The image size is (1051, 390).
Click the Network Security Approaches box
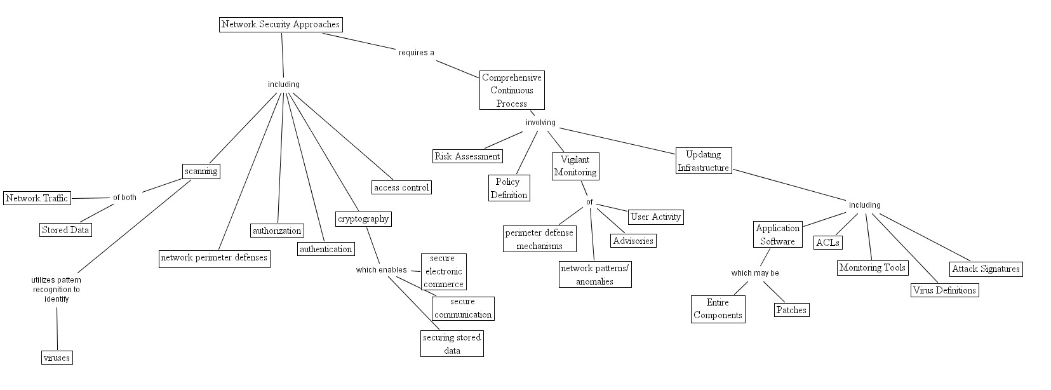coord(281,25)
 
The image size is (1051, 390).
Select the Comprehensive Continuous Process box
coord(512,90)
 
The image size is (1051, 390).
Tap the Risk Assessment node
coord(467,156)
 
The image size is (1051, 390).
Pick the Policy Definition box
coord(509,189)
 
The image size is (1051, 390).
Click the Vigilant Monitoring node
coord(575,166)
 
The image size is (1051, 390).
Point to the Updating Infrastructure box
coord(703,161)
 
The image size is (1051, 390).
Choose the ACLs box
coord(827,243)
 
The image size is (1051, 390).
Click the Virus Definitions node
coord(944,290)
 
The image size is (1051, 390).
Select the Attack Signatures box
coord(986,269)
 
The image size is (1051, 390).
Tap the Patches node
coord(791,310)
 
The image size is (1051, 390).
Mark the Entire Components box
coord(718,309)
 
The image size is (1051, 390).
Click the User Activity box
coord(656,217)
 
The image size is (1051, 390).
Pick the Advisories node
coord(633,241)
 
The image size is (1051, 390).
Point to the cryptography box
coord(363,219)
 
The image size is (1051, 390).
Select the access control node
coord(401,187)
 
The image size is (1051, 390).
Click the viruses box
coord(57,358)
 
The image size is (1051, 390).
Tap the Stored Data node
coord(65,230)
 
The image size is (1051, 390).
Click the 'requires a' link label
coord(416,53)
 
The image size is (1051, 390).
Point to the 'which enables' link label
coord(381,270)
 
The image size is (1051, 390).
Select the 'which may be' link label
coord(755,273)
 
